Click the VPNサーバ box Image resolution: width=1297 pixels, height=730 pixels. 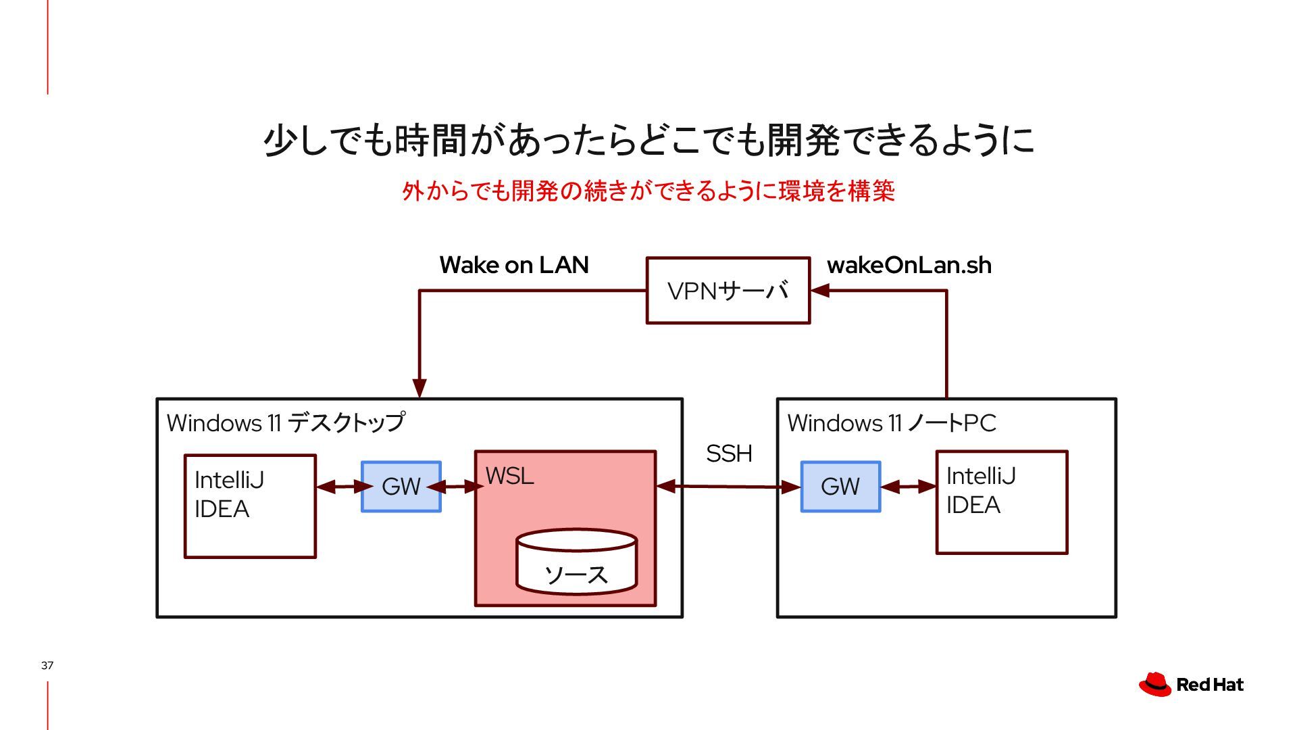tap(728, 291)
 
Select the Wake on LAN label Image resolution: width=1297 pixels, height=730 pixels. tap(514, 265)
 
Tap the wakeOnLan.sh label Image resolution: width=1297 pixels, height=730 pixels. tap(909, 265)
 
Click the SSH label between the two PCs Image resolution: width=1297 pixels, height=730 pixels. tap(729, 454)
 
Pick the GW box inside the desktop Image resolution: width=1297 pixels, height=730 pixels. tap(401, 487)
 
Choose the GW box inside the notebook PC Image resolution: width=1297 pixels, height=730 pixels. tap(840, 487)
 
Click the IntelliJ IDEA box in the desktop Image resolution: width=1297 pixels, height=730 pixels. tap(250, 506)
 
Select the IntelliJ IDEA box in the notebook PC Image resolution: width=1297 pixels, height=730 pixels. tap(1001, 502)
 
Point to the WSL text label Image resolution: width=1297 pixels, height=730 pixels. tap(510, 476)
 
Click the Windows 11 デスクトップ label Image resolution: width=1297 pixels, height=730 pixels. tap(286, 423)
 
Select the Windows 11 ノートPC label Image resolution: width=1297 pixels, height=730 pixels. tap(892, 423)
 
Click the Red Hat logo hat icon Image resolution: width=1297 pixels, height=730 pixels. tap(1154, 684)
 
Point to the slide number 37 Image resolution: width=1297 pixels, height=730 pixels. tap(47, 665)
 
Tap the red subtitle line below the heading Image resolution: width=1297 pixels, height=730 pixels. tap(648, 191)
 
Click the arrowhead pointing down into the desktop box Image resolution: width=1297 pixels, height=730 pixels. tap(419, 388)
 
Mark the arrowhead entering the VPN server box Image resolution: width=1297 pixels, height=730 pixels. tap(819, 291)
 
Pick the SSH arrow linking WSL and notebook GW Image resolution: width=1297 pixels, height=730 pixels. tap(728, 486)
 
